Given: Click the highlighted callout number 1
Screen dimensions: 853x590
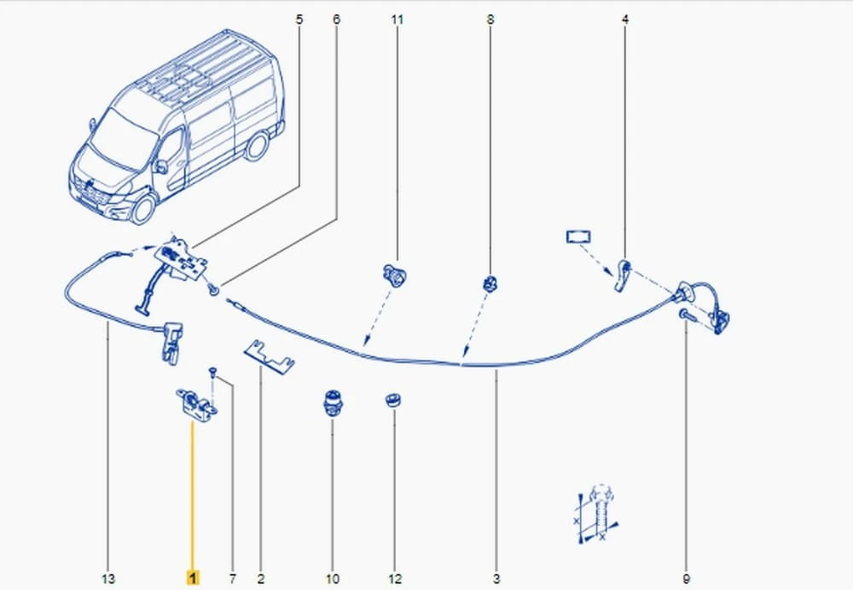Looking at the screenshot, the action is pyautogui.click(x=193, y=577).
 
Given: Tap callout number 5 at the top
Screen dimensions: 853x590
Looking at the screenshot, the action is pyautogui.click(x=299, y=20).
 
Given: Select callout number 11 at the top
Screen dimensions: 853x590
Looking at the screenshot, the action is pyautogui.click(x=397, y=20).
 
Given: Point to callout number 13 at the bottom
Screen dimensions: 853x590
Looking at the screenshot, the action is pyautogui.click(x=108, y=579).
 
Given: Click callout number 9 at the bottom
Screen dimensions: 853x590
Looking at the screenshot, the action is pyautogui.click(x=686, y=579).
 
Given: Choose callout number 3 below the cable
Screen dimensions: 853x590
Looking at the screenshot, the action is pyautogui.click(x=496, y=579).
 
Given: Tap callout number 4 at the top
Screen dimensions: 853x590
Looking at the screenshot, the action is pyautogui.click(x=625, y=20).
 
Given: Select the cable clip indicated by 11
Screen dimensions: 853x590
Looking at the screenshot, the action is pyautogui.click(x=395, y=274).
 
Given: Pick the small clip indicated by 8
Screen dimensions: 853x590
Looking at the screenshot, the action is pyautogui.click(x=490, y=283).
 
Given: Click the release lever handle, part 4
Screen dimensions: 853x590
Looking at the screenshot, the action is pyautogui.click(x=623, y=275).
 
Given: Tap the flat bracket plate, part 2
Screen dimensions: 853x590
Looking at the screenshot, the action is pyautogui.click(x=269, y=358).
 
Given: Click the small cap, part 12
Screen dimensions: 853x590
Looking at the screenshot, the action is pyautogui.click(x=394, y=401).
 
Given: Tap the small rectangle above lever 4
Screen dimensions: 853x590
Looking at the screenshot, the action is pyautogui.click(x=579, y=237).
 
